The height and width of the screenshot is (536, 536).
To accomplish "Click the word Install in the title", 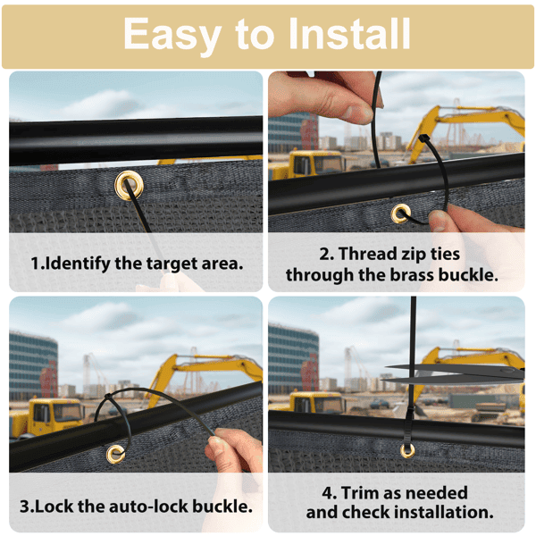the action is tap(349, 34).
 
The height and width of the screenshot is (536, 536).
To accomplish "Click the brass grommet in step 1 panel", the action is tap(129, 185).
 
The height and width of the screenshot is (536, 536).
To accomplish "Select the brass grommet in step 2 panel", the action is tap(400, 214).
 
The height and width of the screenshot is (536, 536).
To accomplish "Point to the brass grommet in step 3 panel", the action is tap(115, 455).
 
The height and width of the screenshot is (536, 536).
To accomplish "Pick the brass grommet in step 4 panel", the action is tap(407, 451).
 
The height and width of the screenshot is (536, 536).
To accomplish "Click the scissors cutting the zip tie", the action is tap(455, 374).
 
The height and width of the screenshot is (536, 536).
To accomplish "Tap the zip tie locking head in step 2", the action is tap(423, 139).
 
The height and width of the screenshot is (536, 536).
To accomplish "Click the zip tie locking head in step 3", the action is tap(108, 398).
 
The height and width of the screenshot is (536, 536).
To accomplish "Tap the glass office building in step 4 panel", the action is tap(293, 359).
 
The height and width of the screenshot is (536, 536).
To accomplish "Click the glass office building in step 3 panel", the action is tap(33, 365).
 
